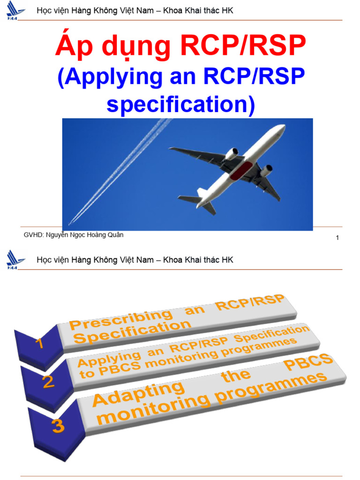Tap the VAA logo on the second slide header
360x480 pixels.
(x=15, y=260)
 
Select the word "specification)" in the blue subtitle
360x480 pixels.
(x=180, y=105)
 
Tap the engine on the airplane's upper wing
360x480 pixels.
(x=232, y=154)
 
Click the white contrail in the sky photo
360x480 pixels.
(x=117, y=173)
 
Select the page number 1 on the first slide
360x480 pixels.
(x=337, y=238)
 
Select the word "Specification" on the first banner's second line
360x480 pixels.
(x=133, y=331)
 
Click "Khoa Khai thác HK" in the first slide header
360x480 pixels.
(x=198, y=11)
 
